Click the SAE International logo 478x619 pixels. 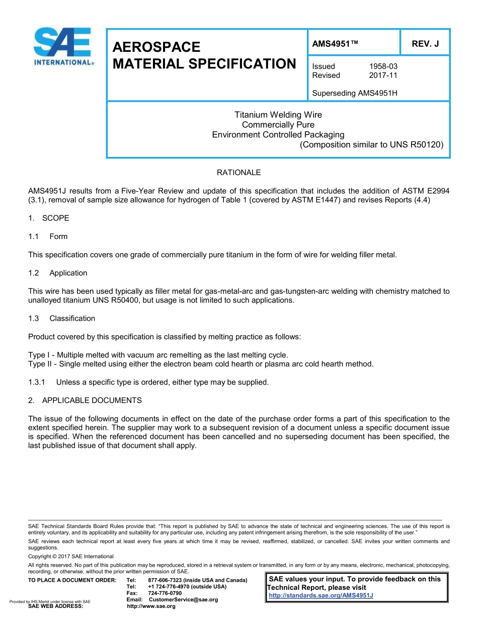click(x=63, y=46)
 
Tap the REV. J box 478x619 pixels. click(x=425, y=44)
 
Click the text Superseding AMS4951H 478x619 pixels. click(x=355, y=93)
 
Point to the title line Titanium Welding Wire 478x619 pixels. click(x=278, y=115)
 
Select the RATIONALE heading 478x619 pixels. click(x=238, y=173)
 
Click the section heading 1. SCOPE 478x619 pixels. click(x=49, y=218)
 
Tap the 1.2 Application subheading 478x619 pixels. click(x=58, y=273)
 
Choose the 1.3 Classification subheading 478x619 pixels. click(x=62, y=318)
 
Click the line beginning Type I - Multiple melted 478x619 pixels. click(x=158, y=355)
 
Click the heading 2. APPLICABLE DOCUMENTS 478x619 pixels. click(x=85, y=400)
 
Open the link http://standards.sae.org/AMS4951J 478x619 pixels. click(x=321, y=596)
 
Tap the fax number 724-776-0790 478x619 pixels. click(x=165, y=593)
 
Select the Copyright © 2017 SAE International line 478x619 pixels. click(x=71, y=556)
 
